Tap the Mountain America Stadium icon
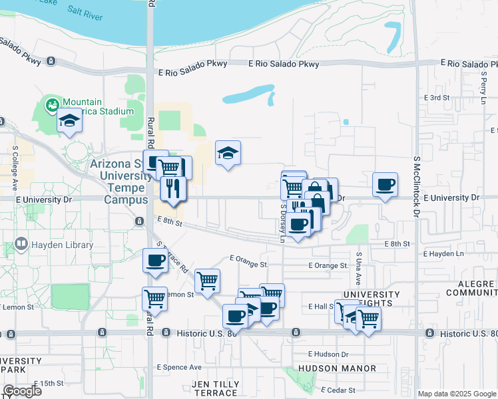click(x=51, y=104)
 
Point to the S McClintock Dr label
click(x=416, y=188)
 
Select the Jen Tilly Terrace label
click(x=214, y=388)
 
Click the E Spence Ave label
click(x=179, y=366)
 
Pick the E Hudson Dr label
click(x=328, y=354)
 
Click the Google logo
click(x=22, y=391)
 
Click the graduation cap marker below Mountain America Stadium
click(x=69, y=122)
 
